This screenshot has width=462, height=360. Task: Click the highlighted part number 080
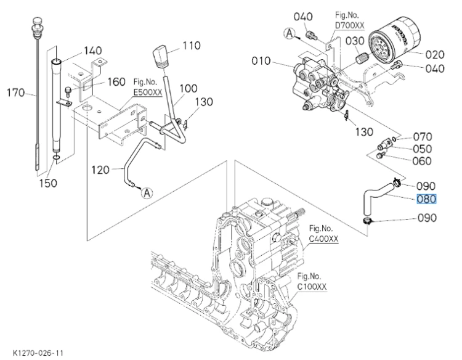coord(426,199)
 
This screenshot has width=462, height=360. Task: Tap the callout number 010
coord(261,61)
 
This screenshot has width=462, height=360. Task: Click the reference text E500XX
coord(148,92)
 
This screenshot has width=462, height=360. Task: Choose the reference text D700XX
coord(350,25)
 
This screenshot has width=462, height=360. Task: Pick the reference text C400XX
coord(324,239)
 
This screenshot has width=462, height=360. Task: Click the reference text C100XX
coord(312,286)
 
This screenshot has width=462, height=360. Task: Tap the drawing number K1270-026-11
coord(38,353)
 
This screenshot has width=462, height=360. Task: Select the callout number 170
coord(16,93)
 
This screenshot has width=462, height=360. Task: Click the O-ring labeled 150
coord(57,158)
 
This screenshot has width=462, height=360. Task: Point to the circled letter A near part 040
coord(290,33)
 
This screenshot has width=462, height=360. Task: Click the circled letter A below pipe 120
coord(147,193)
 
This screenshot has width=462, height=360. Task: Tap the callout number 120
coord(100,170)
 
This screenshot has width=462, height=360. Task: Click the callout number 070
coord(422,137)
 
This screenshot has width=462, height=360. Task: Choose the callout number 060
coord(422,161)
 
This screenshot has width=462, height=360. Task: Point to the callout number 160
coord(116,81)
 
